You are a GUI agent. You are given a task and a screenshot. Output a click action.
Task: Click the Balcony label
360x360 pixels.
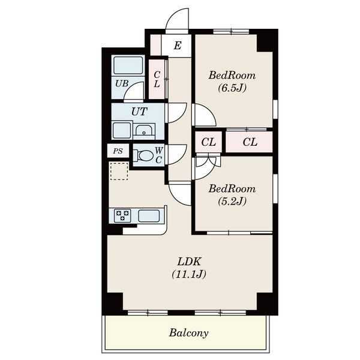188,333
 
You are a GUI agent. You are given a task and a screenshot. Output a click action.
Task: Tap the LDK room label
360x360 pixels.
190,262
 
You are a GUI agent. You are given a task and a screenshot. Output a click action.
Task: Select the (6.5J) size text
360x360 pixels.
232,88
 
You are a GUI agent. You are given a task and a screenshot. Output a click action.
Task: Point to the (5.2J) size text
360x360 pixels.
232,201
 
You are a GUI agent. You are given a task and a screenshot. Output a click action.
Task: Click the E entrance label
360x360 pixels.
178,46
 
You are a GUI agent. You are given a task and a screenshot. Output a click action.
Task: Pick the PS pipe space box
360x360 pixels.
118,151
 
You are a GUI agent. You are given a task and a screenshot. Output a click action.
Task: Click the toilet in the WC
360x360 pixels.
143,155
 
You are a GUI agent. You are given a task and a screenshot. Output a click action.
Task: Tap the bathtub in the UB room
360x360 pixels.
128,65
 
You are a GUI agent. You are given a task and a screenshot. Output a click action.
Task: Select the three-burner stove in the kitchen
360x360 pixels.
122,215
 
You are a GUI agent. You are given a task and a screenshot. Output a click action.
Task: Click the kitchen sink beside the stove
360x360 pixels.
149,216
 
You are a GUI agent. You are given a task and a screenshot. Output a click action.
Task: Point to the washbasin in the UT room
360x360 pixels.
144,131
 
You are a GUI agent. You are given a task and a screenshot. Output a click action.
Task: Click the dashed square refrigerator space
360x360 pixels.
119,171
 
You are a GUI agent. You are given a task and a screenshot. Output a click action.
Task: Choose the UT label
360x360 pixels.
139,112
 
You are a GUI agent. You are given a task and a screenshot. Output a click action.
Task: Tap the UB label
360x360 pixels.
122,83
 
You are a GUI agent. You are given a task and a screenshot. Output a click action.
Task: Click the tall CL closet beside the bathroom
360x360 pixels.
157,79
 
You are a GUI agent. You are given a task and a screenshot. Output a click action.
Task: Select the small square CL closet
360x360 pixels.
208,142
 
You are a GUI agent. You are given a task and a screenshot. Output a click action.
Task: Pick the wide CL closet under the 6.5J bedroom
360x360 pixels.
249,142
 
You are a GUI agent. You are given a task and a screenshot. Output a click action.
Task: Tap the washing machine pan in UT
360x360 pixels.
122,130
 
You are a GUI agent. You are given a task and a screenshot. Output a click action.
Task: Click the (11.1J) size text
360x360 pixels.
189,274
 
